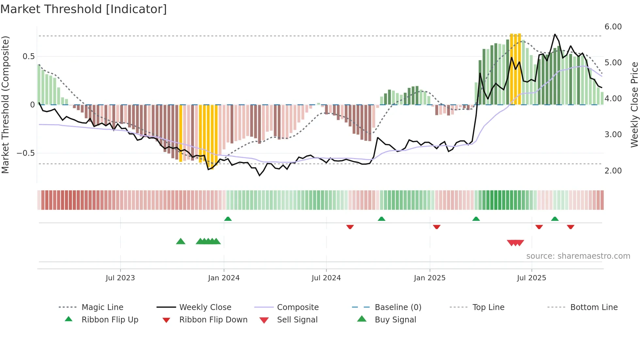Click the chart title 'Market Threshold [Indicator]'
tap(84, 9)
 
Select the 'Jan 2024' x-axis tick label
tap(224, 278)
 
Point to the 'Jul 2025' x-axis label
tap(531, 278)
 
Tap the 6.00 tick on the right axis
tap(613, 27)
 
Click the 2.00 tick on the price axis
tap(613, 171)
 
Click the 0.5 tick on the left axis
tap(28, 57)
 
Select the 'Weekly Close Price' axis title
tap(634, 105)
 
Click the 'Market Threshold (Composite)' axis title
tap(5, 105)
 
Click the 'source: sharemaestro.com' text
tap(578, 256)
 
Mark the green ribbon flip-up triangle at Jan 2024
tap(228, 219)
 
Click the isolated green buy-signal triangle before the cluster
tap(181, 241)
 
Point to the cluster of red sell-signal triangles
tap(515, 243)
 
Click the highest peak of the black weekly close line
tap(555, 34)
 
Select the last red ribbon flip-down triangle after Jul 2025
tap(570, 227)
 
